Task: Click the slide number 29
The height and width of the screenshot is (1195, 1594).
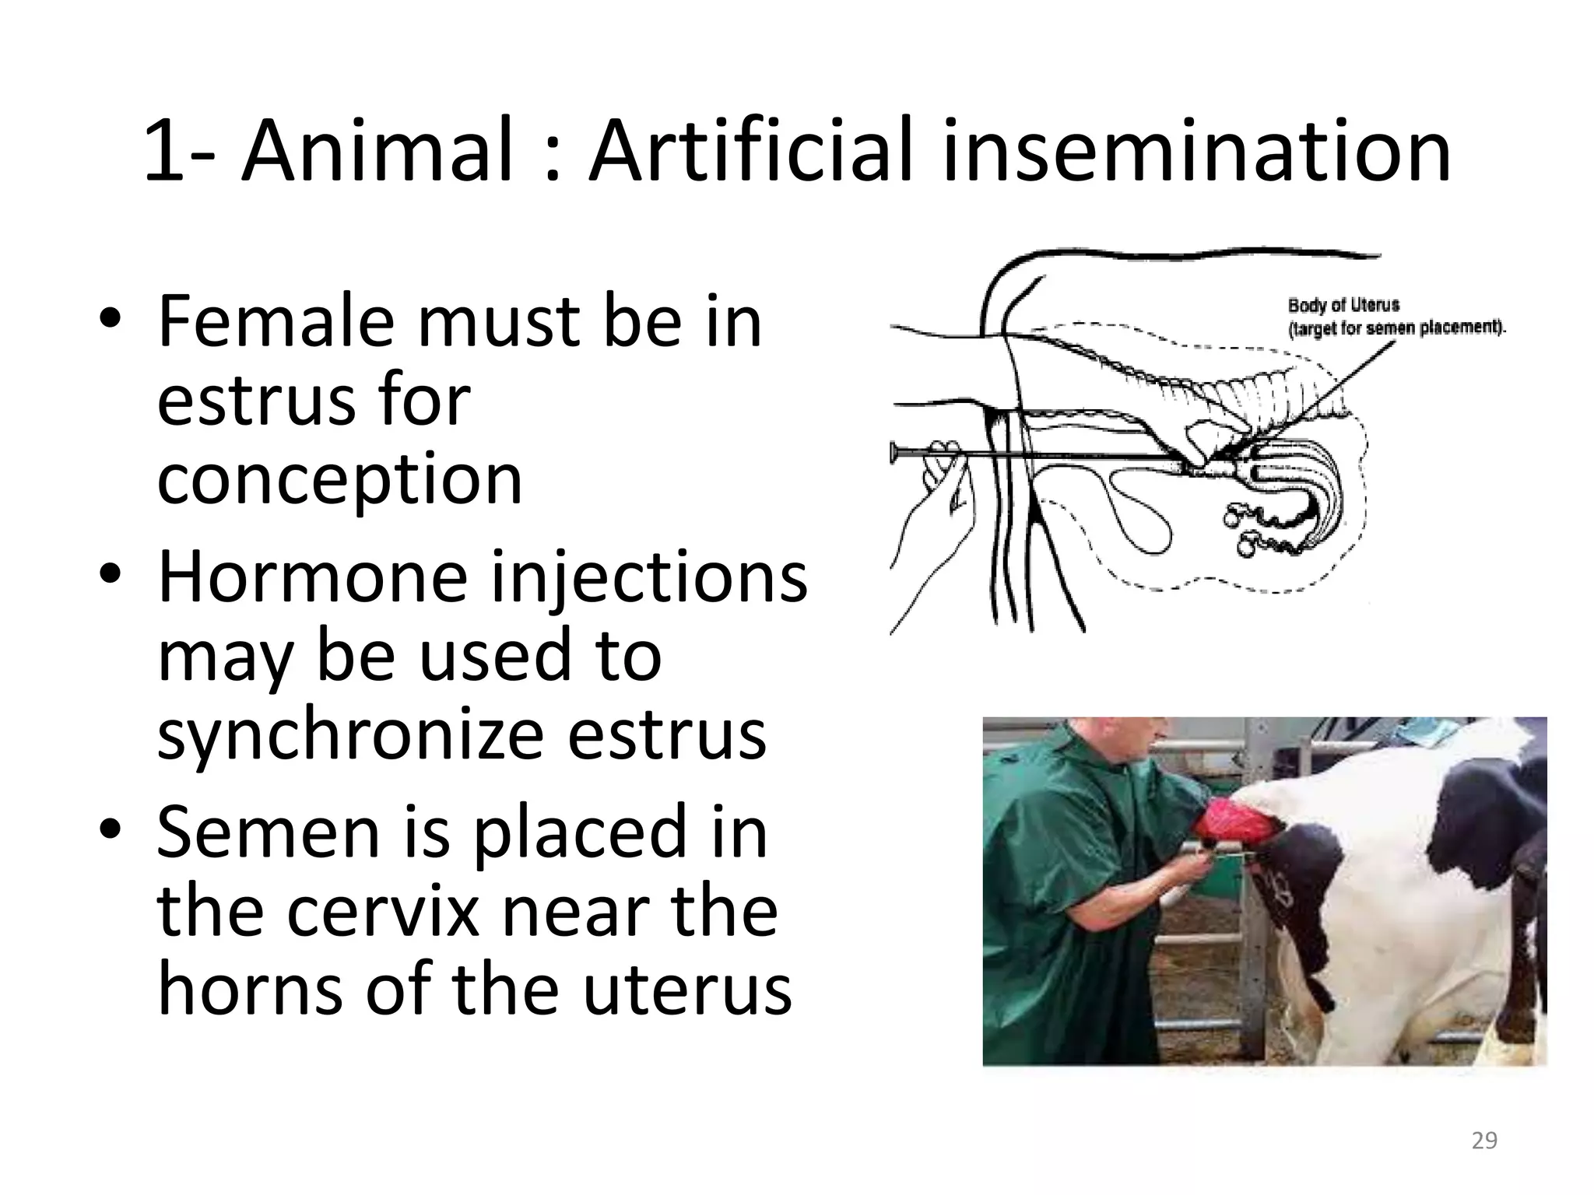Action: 1484,1141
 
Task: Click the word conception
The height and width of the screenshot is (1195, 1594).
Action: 339,481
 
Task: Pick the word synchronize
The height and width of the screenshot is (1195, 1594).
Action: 350,736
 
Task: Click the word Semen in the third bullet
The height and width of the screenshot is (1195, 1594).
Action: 269,832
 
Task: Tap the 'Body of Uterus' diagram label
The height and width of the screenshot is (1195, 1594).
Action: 1343,305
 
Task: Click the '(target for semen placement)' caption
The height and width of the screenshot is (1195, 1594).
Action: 1397,328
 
